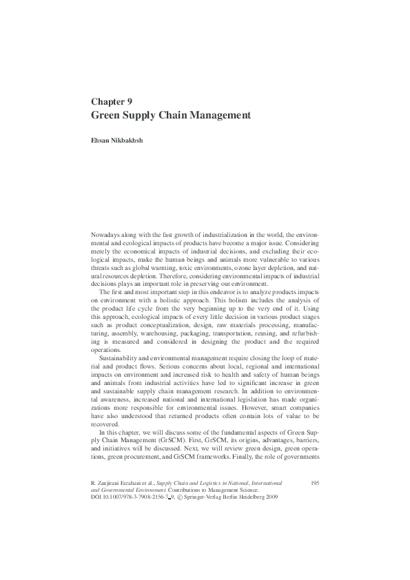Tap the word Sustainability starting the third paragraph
click(x=122, y=358)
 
